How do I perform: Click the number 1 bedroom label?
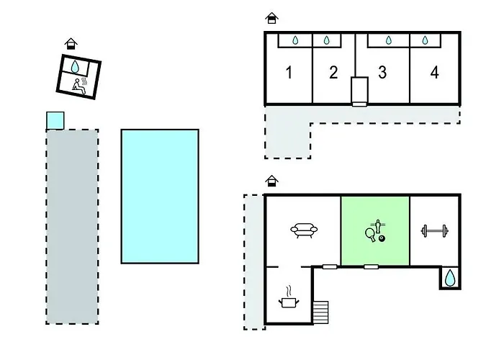click(289, 72)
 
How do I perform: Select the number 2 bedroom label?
click(333, 72)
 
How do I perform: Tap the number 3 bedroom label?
click(382, 72)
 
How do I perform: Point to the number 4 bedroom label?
click(434, 72)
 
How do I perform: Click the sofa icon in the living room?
click(304, 230)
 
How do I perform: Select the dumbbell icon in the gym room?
click(435, 231)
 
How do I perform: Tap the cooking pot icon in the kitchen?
click(289, 297)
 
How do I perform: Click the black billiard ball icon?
click(382, 238)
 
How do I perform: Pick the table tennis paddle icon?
click(370, 235)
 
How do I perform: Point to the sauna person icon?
click(78, 86)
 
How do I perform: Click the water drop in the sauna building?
click(75, 66)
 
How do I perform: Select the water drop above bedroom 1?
click(295, 40)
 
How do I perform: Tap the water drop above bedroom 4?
click(425, 40)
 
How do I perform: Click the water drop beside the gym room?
click(450, 278)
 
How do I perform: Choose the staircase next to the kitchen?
click(321, 312)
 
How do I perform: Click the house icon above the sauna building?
click(71, 43)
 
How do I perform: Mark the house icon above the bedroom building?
click(271, 18)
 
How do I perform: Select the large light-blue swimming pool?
click(160, 197)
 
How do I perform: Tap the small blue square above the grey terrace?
click(55, 120)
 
